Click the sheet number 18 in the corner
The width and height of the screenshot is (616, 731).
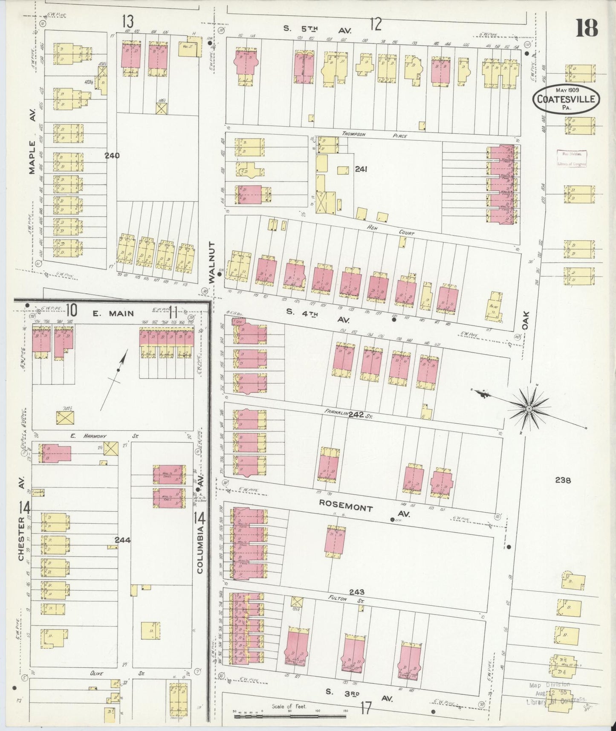pyautogui.click(x=587, y=29)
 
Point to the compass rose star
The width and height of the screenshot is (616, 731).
pyautogui.click(x=529, y=409)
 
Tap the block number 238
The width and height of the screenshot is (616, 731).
pyautogui.click(x=563, y=480)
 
